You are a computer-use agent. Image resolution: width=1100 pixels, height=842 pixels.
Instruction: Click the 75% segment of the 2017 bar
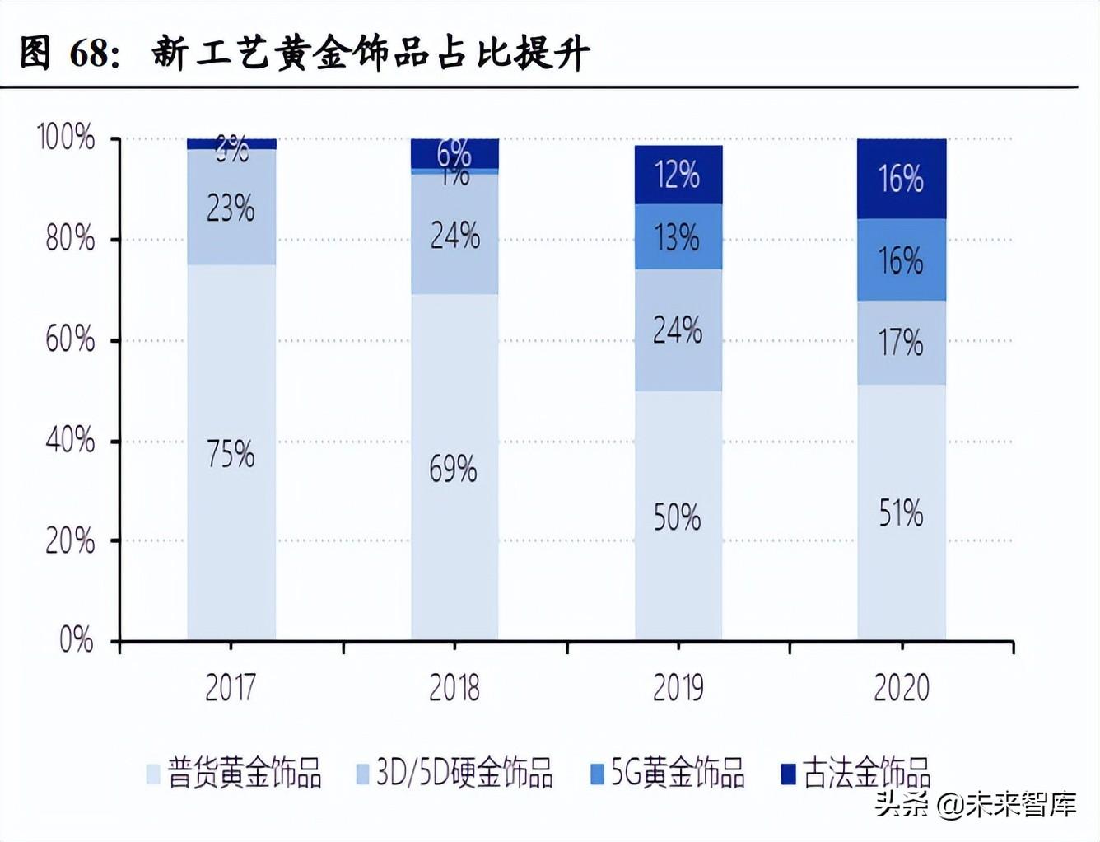point(231,453)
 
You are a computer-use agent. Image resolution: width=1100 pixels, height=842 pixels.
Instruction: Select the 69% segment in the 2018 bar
point(454,467)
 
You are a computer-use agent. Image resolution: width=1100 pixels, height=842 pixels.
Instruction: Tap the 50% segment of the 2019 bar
point(678,516)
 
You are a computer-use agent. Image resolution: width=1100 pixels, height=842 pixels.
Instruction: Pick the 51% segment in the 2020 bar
point(902,512)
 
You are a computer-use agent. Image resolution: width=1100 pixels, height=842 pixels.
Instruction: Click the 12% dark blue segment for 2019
point(678,175)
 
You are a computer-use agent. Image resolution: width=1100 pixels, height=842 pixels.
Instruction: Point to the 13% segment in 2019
point(678,237)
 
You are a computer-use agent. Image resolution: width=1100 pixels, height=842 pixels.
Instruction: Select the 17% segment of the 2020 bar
point(902,342)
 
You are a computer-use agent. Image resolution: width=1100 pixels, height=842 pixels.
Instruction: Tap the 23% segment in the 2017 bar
point(231,208)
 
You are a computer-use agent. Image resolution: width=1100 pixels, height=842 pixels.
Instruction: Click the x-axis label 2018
point(454,687)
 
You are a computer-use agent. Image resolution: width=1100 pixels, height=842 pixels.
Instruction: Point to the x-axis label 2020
point(902,687)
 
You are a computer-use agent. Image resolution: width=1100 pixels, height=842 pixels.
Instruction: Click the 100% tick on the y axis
point(66,138)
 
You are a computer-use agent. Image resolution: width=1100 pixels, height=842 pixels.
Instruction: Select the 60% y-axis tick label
point(70,339)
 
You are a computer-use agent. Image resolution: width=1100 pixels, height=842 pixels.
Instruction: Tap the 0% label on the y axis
point(76,640)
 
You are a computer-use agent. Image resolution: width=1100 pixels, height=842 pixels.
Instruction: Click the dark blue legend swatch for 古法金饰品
point(788,774)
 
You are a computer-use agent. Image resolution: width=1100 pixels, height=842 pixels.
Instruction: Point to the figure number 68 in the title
point(89,54)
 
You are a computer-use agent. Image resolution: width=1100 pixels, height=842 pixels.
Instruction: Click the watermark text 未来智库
point(1021,803)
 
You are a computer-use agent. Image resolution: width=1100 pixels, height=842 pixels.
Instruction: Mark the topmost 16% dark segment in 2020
point(902,178)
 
